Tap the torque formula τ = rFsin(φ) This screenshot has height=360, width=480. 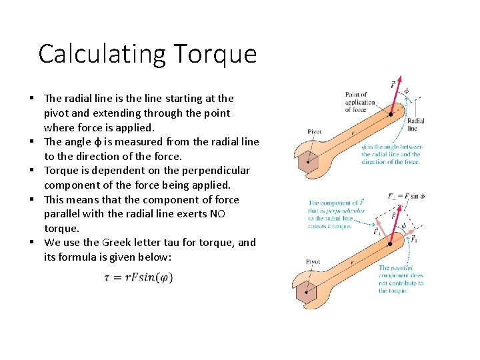pos(138,277)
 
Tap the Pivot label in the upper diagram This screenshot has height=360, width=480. pos(314,132)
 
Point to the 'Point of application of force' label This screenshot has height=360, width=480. pos(359,102)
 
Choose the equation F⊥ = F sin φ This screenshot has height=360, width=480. pos(406,196)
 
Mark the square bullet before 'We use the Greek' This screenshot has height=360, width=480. pos(31,243)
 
